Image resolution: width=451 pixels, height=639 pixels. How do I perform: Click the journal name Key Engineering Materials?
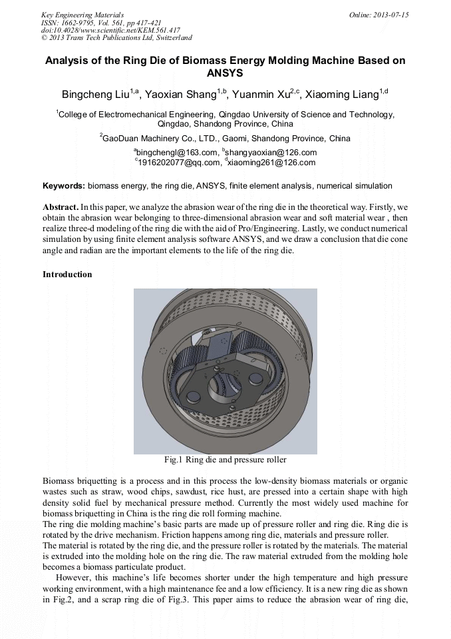[82, 15]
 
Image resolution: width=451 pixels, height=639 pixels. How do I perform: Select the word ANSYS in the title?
[225, 73]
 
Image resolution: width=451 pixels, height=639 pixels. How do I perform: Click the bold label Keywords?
[64, 186]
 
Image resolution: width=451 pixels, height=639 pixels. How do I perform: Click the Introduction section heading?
[67, 275]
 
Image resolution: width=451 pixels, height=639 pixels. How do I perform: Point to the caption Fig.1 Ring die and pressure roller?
[225, 460]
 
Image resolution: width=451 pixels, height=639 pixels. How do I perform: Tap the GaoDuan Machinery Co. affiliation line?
[225, 139]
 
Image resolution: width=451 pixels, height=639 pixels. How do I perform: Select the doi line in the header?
[110, 30]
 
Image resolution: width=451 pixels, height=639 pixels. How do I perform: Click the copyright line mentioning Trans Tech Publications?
[116, 38]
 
